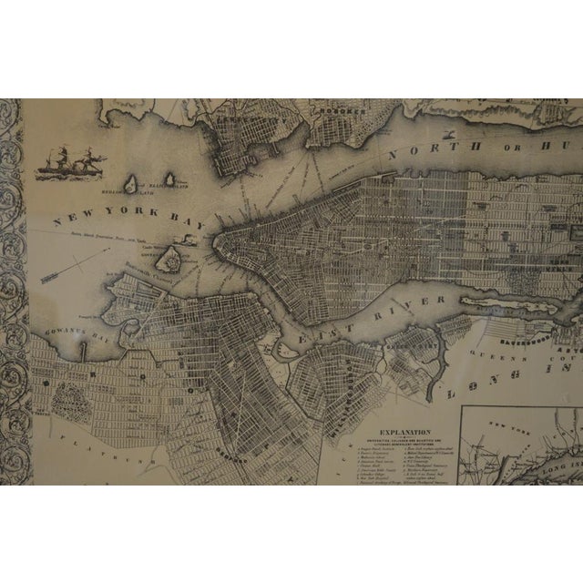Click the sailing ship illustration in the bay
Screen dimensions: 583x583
[72, 163]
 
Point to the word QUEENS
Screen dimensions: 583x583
[474, 350]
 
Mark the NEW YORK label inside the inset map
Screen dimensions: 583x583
[506, 425]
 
